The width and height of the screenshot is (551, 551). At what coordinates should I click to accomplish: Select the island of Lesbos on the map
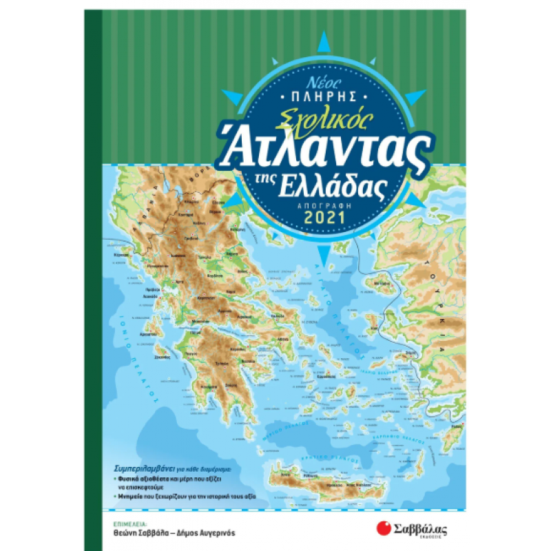[378, 284]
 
